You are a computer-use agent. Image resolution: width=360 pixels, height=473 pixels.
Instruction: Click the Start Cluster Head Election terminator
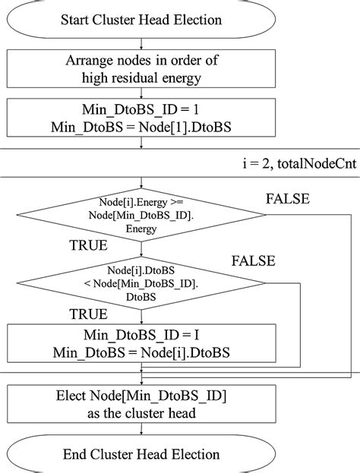coord(142,20)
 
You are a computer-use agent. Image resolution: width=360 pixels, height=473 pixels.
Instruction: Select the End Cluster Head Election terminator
coord(142,453)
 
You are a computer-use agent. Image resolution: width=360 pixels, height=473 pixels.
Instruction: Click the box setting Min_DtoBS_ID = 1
coord(142,118)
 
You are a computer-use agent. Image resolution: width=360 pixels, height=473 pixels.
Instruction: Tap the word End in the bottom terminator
coord(81,453)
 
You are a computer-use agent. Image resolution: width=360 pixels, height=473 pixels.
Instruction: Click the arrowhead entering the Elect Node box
coord(142,385)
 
